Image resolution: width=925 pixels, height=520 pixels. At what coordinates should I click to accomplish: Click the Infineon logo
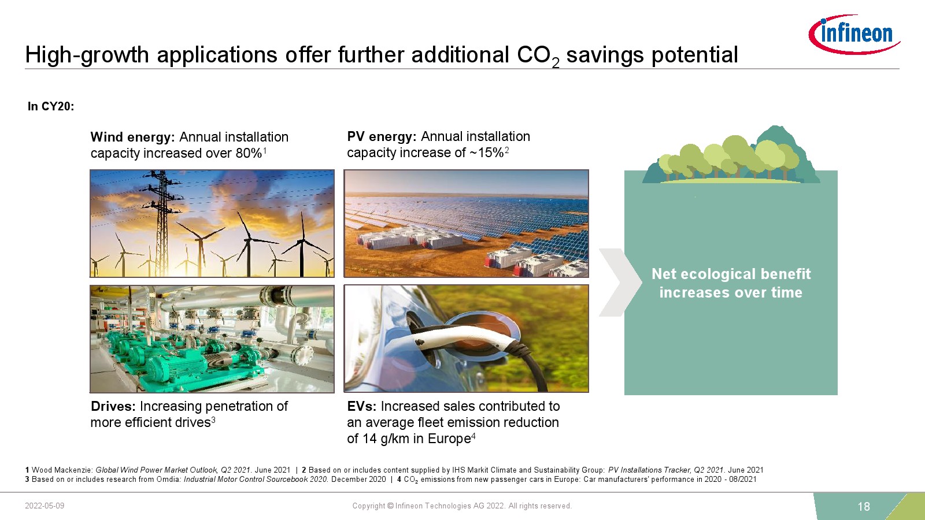[854, 34]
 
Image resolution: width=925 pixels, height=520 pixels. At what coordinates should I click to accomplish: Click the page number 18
[864, 506]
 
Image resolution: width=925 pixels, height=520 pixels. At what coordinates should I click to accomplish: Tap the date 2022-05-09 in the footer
[45, 506]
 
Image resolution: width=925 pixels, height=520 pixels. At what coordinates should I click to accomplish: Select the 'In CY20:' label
[51, 106]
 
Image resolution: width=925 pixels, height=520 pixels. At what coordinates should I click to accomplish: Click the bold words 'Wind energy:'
[132, 136]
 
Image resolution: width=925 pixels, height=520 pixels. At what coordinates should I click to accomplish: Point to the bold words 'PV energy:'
[382, 136]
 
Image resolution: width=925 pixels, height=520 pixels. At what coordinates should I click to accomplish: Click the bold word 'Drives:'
[113, 406]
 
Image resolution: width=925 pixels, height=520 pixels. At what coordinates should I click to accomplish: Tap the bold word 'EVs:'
[362, 406]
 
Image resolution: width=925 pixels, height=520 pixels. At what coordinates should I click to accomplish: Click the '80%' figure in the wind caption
[249, 153]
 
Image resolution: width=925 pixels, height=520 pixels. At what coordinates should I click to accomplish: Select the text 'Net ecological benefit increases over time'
[731, 283]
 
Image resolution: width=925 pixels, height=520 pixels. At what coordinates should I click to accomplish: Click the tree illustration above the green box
[731, 155]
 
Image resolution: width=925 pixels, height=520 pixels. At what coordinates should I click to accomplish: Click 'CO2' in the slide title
[538, 55]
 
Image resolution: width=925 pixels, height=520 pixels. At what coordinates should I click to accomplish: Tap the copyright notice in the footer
[462, 506]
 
